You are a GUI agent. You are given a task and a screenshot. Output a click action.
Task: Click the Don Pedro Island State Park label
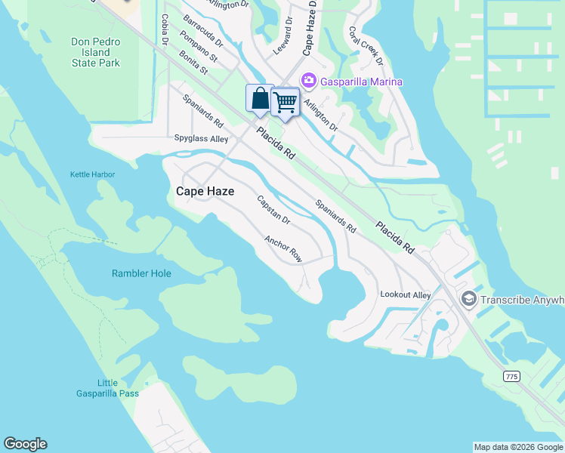(95, 52)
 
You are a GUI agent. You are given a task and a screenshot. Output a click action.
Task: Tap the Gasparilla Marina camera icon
(308, 81)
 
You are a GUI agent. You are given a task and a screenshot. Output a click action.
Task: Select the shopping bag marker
(259, 99)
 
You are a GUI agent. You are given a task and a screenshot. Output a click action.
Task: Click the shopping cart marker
(285, 102)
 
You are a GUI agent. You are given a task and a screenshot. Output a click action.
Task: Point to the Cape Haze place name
(205, 192)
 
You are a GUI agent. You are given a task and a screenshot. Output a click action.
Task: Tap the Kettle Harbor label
(92, 174)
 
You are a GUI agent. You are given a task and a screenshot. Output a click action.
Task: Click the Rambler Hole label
(141, 273)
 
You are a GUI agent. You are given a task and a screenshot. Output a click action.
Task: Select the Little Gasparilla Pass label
(108, 388)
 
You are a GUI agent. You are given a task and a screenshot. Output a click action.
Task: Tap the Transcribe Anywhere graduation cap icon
(468, 300)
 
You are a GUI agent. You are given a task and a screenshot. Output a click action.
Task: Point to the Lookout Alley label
(406, 294)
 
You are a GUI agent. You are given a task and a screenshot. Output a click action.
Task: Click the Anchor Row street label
(283, 249)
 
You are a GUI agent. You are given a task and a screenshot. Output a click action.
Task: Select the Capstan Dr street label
(273, 210)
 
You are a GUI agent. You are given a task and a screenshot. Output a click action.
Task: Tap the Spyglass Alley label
(201, 139)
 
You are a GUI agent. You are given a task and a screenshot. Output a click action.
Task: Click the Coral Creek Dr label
(366, 46)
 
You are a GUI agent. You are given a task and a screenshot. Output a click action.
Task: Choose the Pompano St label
(199, 46)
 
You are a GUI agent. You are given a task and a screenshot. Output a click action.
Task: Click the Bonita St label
(193, 63)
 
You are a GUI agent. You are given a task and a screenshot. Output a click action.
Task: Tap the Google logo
(25, 444)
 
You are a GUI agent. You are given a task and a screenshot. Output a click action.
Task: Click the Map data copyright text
(518, 447)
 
